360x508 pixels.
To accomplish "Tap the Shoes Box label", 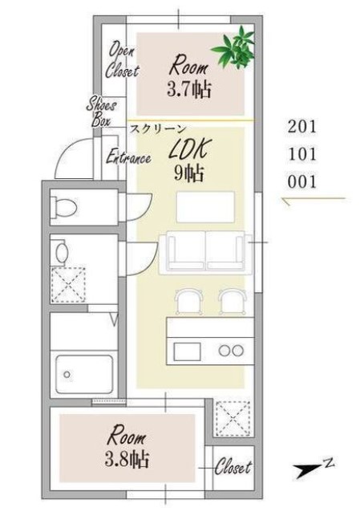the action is [x=101, y=112].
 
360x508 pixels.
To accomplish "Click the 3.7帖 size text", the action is [x=189, y=89].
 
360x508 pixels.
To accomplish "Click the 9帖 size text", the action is [x=189, y=173].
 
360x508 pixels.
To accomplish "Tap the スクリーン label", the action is [x=158, y=128].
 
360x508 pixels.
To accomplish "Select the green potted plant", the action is [x=234, y=48].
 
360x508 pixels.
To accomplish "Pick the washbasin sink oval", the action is [x=62, y=252].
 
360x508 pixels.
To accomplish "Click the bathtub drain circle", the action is [x=67, y=375].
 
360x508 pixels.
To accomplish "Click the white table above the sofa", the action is [x=205, y=207].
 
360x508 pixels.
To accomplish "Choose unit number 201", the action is [x=301, y=127].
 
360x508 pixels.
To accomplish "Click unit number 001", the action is [x=301, y=182].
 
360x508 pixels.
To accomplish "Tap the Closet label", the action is [x=233, y=467].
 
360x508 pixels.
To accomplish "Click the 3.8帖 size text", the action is [x=127, y=459].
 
